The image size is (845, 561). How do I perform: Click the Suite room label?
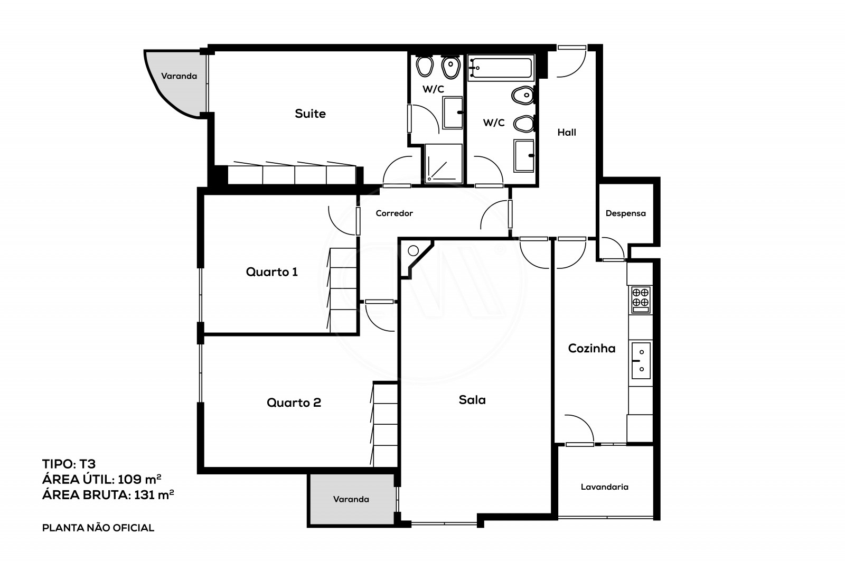310,114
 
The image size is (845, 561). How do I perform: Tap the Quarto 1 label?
271,272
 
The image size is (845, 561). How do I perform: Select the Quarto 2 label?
294,403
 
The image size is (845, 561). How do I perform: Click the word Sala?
472,400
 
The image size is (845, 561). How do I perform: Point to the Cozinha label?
591,349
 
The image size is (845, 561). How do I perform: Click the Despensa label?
625,213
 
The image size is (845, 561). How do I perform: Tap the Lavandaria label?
604,487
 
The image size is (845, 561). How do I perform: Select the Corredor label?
394,213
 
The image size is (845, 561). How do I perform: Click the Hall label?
567,133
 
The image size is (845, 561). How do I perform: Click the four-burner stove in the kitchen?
641,298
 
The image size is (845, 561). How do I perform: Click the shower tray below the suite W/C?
443,164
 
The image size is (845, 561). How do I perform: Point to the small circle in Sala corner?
413,250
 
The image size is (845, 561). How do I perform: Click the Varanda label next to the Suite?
179,76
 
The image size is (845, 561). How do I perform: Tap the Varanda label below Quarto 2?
351,499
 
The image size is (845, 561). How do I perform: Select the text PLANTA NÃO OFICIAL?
98,528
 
